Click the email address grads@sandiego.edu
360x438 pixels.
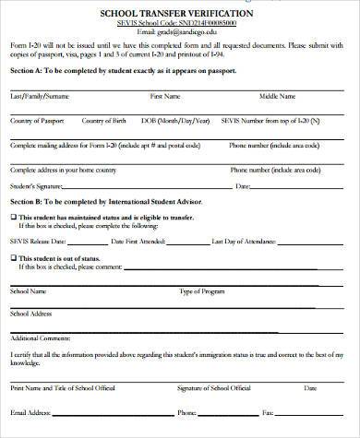(181, 32)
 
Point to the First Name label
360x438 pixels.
(164, 96)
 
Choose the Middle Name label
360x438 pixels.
(277, 96)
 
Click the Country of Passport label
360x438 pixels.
(38, 121)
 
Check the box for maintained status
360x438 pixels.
(13, 217)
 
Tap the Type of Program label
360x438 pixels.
(201, 291)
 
